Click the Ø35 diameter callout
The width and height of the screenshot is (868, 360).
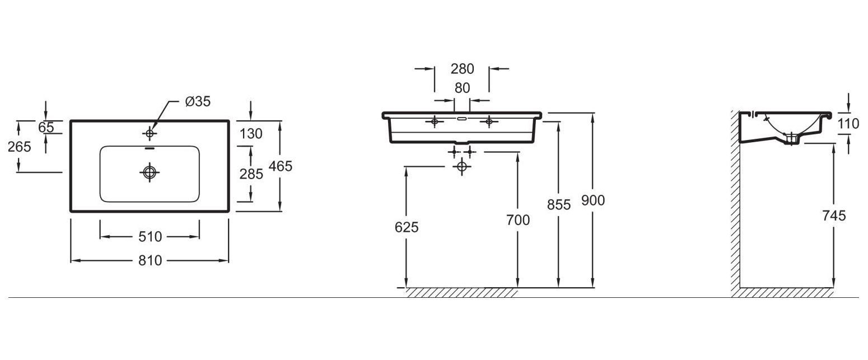pos(198,101)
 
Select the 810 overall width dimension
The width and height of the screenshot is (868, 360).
pos(150,260)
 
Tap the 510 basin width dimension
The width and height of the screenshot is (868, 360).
pos(150,237)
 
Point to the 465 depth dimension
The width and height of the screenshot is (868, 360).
pos(281,166)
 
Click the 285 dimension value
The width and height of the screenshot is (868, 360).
pos(251,174)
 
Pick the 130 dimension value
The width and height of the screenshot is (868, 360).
pos(251,134)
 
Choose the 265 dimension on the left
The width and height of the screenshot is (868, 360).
pos(20,147)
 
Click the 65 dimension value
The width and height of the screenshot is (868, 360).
pos(46,127)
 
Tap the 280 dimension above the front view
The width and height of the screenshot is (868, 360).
pos(463,69)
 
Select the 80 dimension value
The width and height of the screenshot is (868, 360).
pos(463,88)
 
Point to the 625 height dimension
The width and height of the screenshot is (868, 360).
pos(407,227)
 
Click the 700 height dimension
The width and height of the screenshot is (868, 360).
pos(517,220)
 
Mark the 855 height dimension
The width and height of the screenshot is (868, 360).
pos(559,204)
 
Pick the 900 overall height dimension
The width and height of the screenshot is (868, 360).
pos(593,200)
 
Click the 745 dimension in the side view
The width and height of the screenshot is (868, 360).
pos(834,216)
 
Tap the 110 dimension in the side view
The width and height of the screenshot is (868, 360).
pos(848,124)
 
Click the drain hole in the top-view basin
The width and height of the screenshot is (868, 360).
pos(150,172)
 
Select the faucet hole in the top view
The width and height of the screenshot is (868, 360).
pos(150,133)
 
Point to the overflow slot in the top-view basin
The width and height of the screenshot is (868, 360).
pos(150,148)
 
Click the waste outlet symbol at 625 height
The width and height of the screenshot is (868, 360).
pos(461,167)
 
